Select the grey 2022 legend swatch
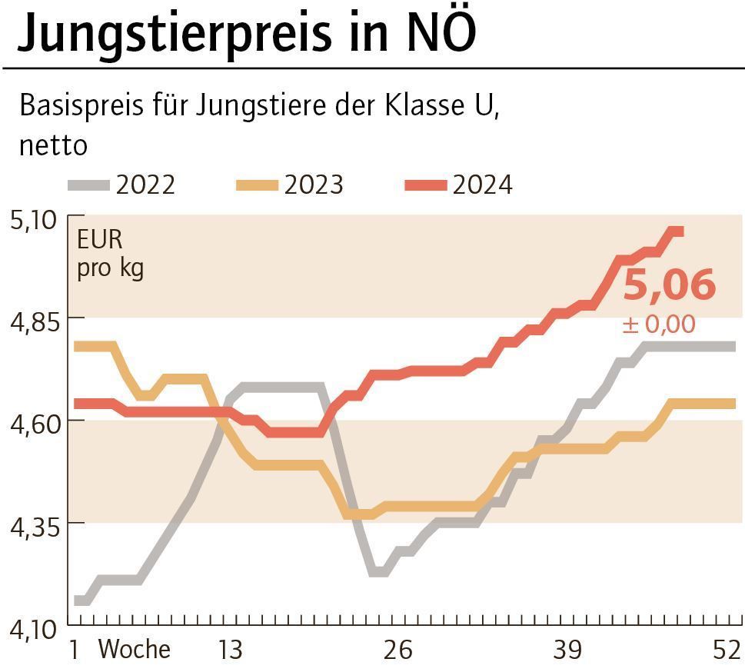click(89, 185)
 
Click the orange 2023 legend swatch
click(257, 185)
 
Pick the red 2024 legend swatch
click(425, 185)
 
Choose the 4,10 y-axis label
click(32, 630)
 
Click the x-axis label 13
click(228, 650)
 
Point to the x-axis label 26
click(397, 650)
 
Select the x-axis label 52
click(727, 650)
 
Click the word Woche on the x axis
click(134, 650)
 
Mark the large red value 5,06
click(669, 285)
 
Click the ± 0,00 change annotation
click(658, 324)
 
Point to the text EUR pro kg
click(110, 254)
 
